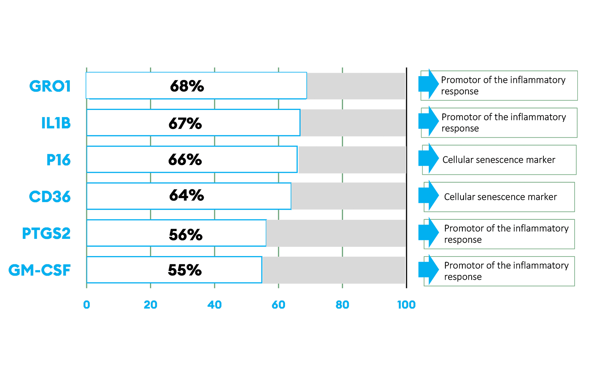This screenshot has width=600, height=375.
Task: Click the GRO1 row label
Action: click(x=50, y=86)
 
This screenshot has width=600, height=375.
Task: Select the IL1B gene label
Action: click(x=56, y=123)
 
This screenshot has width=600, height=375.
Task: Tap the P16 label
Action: click(x=58, y=160)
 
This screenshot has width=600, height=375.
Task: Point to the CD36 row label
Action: click(x=50, y=196)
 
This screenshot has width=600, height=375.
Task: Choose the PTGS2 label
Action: click(x=46, y=233)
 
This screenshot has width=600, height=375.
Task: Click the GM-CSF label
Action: click(x=40, y=270)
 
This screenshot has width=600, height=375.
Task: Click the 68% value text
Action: click(x=187, y=86)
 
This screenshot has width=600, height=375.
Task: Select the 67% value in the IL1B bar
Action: click(x=185, y=123)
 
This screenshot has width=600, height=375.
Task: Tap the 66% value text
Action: click(x=185, y=160)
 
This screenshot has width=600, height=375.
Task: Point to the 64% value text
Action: click(x=186, y=195)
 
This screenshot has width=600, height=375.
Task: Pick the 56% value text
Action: click(x=186, y=235)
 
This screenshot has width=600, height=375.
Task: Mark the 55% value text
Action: click(x=185, y=270)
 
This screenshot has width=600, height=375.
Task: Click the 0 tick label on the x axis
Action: click(x=87, y=305)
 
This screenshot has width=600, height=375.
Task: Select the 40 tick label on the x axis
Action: click(x=214, y=305)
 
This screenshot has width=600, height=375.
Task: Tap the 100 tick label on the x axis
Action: click(x=406, y=305)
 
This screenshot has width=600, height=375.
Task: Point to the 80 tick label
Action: click(x=342, y=305)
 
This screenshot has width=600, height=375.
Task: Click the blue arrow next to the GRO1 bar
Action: click(x=429, y=84)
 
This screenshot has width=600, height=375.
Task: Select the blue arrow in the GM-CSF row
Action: click(x=429, y=270)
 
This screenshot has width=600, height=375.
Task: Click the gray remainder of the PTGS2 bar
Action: click(x=336, y=233)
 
